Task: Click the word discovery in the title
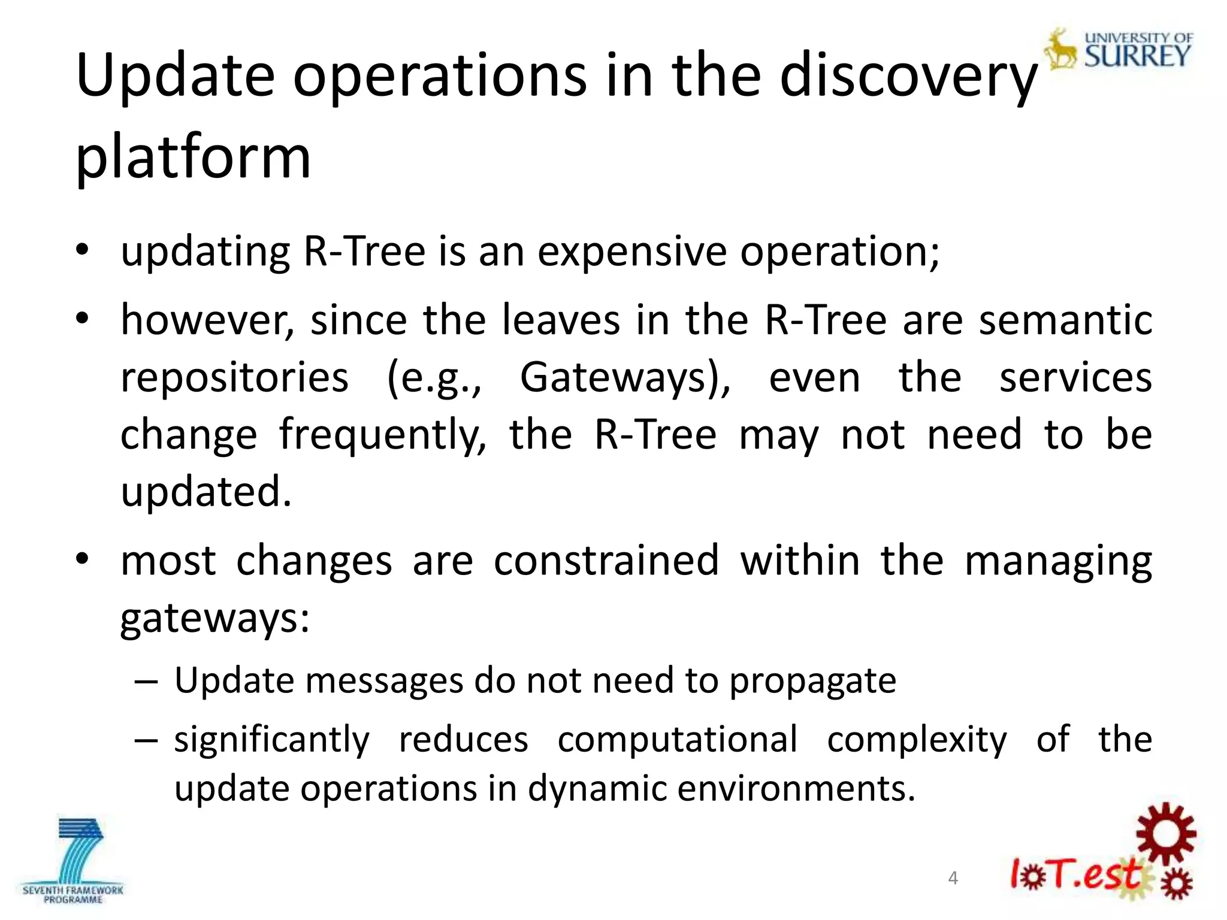click(908, 77)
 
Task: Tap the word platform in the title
click(193, 157)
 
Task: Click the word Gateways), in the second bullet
click(625, 379)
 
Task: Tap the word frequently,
click(383, 435)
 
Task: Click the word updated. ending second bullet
click(205, 492)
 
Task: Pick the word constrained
click(606, 561)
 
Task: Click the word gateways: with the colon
click(214, 620)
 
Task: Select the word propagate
click(812, 681)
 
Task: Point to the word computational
click(677, 740)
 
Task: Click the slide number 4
click(953, 879)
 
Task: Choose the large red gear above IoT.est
click(1165, 834)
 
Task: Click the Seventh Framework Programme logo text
click(72, 895)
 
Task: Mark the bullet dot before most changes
click(82, 559)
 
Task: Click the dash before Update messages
click(146, 682)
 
